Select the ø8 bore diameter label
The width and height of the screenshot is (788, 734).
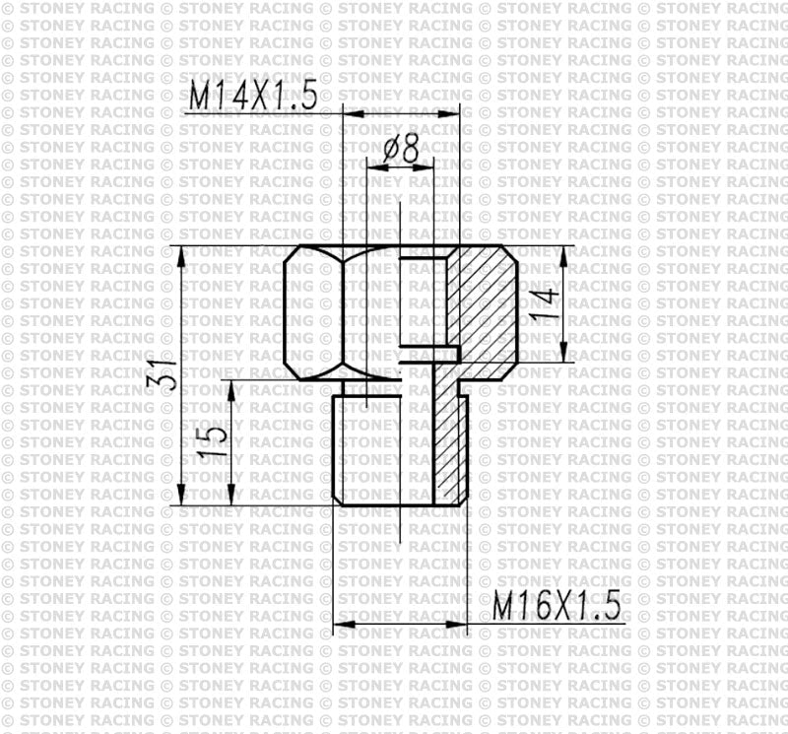(x=401, y=149)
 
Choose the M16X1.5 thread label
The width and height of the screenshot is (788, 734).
(x=558, y=604)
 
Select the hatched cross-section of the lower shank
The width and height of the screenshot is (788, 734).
(x=450, y=443)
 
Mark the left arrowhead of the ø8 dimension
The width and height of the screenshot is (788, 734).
(x=372, y=167)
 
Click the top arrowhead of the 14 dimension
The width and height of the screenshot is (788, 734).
(x=564, y=252)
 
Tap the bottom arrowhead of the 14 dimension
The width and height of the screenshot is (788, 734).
(x=564, y=358)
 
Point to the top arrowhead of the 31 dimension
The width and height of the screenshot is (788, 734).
(x=183, y=252)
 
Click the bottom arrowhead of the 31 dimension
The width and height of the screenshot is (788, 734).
(x=183, y=499)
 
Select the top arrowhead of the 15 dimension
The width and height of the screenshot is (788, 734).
(x=230, y=386)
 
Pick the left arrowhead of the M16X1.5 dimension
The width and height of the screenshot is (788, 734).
(x=341, y=624)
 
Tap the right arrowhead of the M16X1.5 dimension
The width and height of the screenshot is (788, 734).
(x=458, y=624)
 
